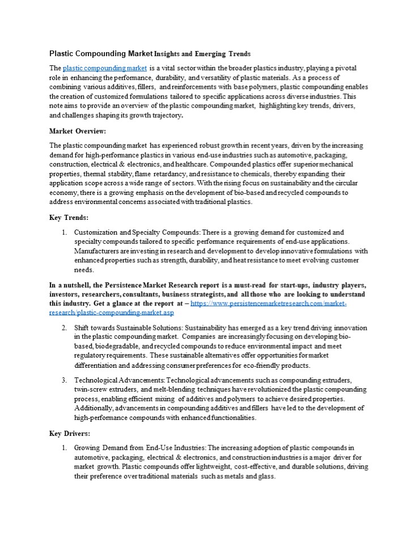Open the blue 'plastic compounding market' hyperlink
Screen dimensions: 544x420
pos(104,68)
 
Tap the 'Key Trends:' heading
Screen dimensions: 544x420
pos(69,217)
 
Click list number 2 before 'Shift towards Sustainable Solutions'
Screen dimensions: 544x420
pos(64,328)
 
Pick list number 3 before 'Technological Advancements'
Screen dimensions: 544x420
pos(64,379)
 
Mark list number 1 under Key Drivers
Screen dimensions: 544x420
pos(64,448)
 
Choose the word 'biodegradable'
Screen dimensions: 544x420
pos(116,346)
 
